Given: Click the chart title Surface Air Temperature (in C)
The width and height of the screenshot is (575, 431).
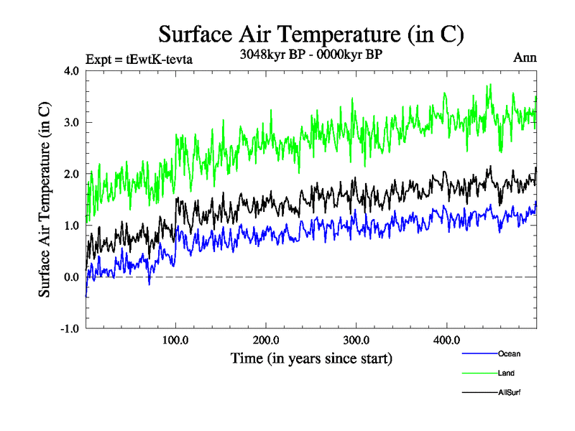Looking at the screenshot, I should [311, 34].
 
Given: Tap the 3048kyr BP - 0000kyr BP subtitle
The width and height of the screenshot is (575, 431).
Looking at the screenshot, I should [311, 54].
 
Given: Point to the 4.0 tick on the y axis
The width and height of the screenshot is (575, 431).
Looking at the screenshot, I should [71, 70].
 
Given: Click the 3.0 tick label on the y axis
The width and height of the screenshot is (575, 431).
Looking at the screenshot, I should [71, 122].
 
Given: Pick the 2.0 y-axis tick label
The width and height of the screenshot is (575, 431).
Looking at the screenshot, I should [71, 174].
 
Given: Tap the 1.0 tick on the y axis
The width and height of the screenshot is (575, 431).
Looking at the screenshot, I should [71, 226].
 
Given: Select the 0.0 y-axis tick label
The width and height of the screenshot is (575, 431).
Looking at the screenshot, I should [71, 277].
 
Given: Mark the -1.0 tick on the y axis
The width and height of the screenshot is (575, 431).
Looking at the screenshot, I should [70, 329].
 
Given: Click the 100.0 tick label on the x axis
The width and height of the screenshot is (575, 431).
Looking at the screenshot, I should [176, 340].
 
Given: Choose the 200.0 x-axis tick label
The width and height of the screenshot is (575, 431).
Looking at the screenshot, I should [267, 340].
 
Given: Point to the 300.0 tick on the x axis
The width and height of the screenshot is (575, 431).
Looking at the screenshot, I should [356, 340].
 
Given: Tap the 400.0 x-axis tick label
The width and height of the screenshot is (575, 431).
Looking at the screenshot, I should [447, 340].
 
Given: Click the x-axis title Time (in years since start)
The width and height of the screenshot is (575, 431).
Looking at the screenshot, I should [311, 357].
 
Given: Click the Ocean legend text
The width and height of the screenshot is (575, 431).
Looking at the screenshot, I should [508, 354].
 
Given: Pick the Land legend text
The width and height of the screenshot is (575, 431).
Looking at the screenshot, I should [506, 374].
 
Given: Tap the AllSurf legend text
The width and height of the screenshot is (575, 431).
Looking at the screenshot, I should [509, 393].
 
